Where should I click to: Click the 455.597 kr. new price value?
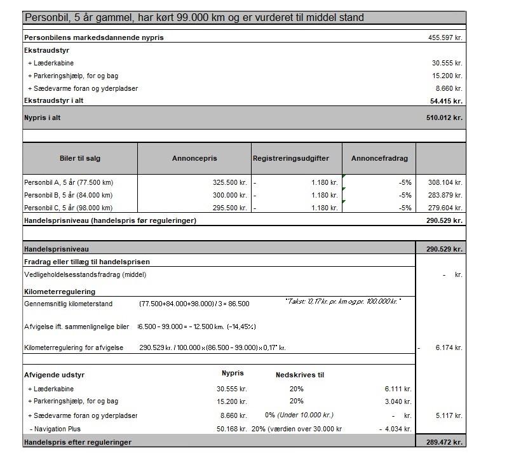[445, 37]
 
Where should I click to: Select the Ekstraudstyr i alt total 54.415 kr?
[446, 100]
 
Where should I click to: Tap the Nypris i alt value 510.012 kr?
[444, 118]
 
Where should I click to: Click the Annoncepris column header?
[194, 158]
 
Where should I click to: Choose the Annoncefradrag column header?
[379, 158]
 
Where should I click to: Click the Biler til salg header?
[79, 158]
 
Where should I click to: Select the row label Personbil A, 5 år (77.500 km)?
[68, 182]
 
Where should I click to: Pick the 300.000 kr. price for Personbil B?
[229, 195]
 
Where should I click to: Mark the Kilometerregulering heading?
[60, 292]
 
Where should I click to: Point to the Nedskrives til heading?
[299, 375]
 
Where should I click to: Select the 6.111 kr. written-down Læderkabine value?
[398, 389]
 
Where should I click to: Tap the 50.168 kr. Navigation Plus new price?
[231, 429]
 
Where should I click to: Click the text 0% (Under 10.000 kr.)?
[299, 415]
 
